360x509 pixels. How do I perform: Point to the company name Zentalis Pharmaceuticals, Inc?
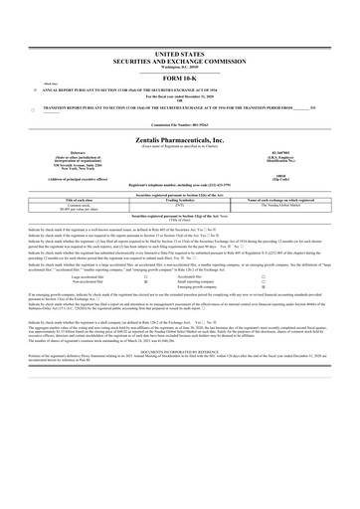tap(180, 142)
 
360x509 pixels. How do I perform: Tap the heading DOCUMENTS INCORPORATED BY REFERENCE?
tap(180, 379)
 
